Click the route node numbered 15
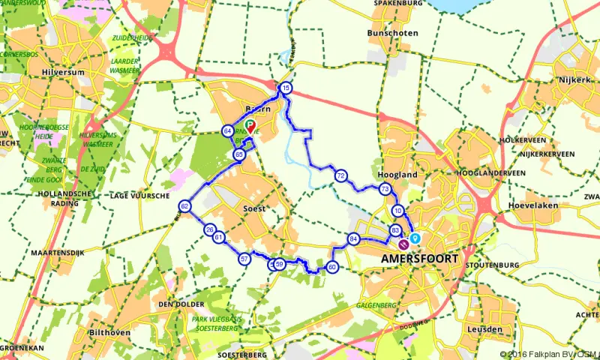(x=286, y=88)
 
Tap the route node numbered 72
(x=340, y=176)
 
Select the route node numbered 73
(x=385, y=189)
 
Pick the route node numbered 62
(x=184, y=206)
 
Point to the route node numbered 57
(x=244, y=259)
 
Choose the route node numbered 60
(x=331, y=266)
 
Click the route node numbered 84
(x=354, y=239)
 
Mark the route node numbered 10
(x=398, y=211)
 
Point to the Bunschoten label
(x=391, y=34)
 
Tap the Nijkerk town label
(x=575, y=79)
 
